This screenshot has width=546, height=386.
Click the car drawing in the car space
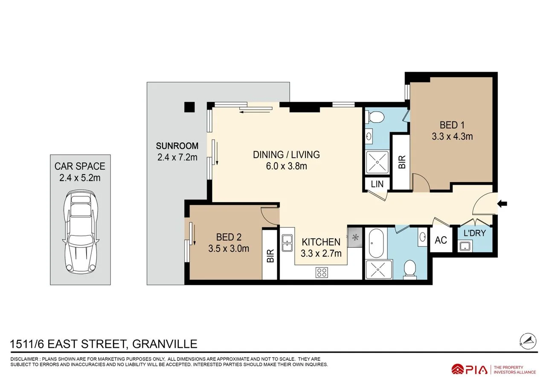(81, 232)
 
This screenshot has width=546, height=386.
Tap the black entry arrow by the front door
(502, 204)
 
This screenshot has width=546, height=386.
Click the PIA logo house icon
(458, 369)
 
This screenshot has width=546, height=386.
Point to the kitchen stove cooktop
(322, 273)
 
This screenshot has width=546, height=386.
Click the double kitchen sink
(287, 243)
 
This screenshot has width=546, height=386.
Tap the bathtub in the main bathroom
(376, 243)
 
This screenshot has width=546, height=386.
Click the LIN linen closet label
(377, 184)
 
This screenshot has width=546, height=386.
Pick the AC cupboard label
(441, 240)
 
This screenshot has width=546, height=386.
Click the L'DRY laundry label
(475, 233)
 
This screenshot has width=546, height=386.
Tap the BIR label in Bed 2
(270, 255)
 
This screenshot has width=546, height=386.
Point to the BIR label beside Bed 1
(402, 162)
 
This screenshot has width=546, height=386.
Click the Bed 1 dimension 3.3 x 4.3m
(452, 136)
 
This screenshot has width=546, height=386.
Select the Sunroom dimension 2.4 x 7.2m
(177, 157)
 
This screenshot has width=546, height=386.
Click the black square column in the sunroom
(189, 107)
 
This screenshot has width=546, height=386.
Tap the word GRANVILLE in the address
(165, 344)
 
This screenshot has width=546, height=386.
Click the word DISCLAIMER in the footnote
(24, 359)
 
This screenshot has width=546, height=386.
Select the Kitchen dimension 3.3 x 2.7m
(321, 253)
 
